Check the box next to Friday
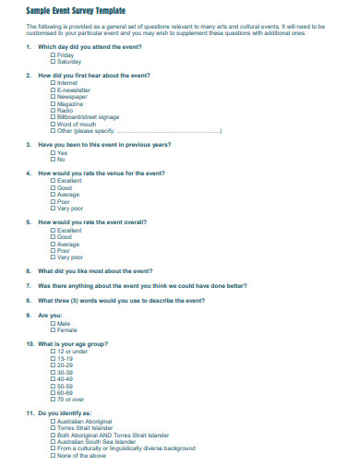point(53,54)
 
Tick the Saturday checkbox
point(53,61)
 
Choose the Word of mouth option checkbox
point(53,125)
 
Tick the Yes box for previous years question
point(53,153)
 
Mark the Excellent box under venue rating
point(53,182)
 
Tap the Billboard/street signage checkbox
point(53,118)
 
